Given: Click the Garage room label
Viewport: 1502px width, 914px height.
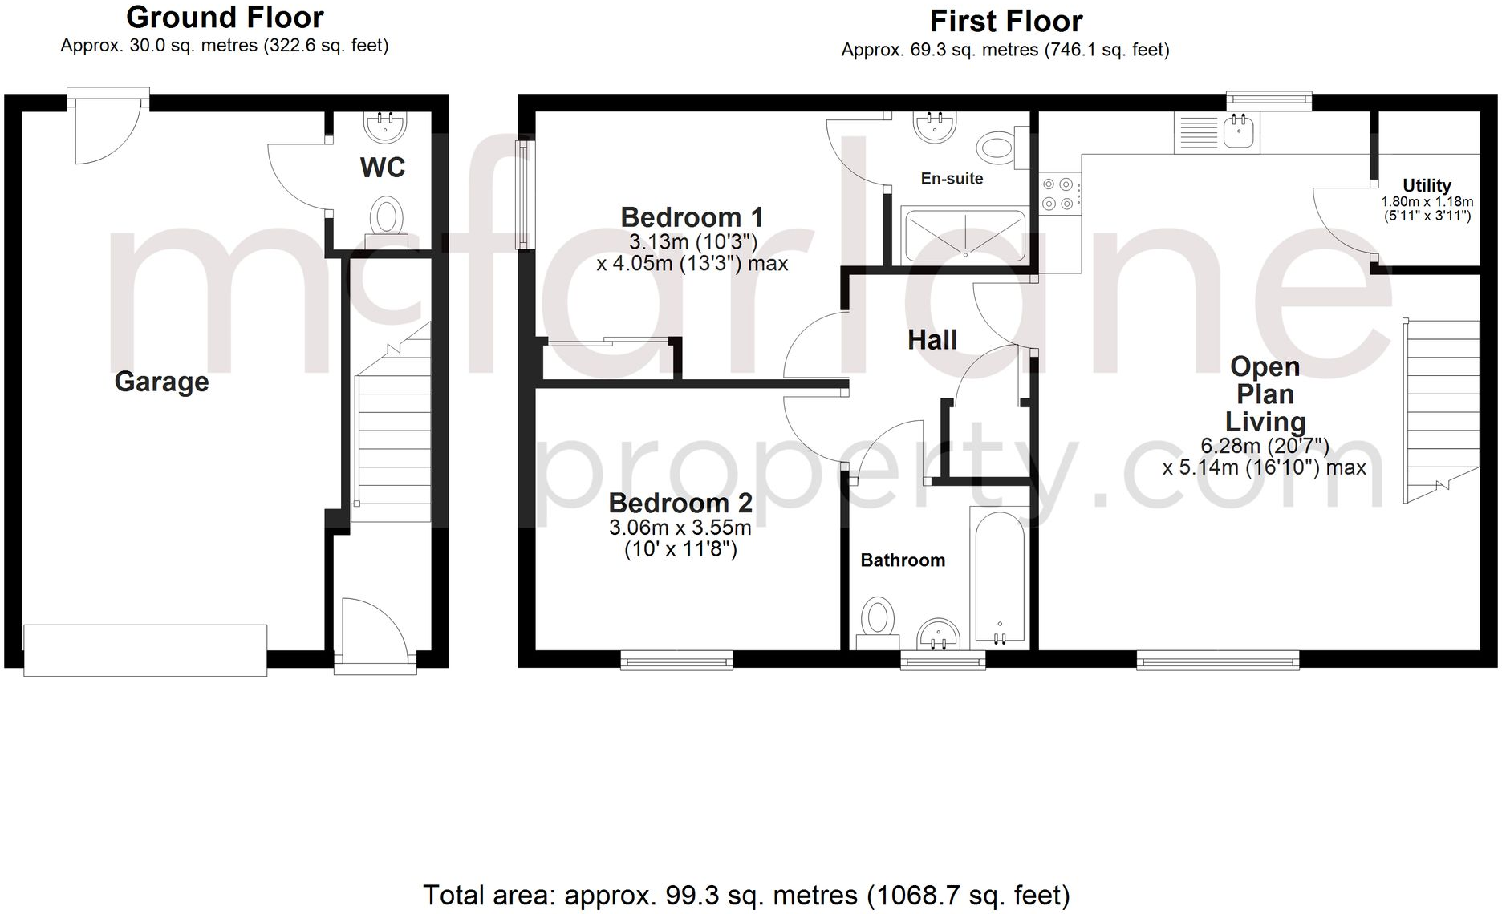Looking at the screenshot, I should click(161, 382).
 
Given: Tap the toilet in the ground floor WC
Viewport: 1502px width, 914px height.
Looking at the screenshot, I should click(387, 218).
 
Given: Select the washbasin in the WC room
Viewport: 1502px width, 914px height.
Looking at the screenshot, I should click(385, 126).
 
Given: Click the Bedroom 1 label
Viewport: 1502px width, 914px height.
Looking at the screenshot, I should click(692, 217).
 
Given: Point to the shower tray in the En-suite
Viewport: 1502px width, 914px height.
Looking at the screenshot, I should click(964, 236).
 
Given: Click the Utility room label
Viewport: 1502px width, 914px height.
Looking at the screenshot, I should click(1427, 185).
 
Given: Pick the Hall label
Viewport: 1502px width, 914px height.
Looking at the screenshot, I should click(932, 340).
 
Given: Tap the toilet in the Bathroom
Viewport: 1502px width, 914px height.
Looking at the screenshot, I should click(877, 621).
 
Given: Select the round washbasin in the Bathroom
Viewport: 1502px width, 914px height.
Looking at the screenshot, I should click(938, 635).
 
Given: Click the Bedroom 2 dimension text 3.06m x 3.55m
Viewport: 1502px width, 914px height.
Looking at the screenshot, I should click(680, 528).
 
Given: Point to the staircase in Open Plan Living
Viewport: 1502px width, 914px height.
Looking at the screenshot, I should click(1441, 409).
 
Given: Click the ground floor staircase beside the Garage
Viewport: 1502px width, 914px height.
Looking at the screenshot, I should click(392, 425).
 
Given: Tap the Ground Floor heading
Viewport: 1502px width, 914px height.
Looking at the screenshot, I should click(225, 17).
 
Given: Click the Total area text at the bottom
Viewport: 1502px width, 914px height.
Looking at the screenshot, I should click(745, 895).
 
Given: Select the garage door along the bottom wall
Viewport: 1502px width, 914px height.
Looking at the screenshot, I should click(145, 650).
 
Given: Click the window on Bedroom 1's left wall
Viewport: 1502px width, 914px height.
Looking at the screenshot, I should click(524, 195).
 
